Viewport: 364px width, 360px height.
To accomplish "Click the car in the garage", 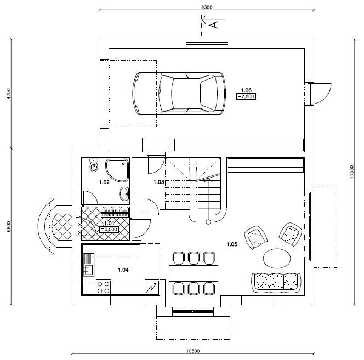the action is click(x=179, y=93).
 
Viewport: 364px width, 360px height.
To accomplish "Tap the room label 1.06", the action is click(x=246, y=90).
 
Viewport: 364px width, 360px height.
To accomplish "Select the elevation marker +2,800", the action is click(x=246, y=96).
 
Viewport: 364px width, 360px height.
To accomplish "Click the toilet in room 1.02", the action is click(x=94, y=165).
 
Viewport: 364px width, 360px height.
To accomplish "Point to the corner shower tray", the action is click(x=117, y=170).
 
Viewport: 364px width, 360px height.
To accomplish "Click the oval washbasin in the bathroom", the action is click(x=124, y=193).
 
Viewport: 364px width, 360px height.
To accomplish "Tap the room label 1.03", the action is click(x=159, y=182).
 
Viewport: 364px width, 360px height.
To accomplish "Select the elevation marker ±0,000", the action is click(x=109, y=230).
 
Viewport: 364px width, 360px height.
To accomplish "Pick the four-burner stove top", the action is click(x=103, y=287).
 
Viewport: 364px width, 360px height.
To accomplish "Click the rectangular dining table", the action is click(x=194, y=273).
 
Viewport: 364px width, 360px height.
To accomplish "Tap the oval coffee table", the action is click(x=277, y=258).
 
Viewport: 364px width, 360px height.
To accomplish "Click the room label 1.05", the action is click(x=232, y=244).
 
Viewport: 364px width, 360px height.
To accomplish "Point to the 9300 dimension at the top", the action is click(x=207, y=7).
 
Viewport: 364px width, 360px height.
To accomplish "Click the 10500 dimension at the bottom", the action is click(x=193, y=351).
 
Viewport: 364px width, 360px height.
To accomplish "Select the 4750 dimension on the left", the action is click(x=9, y=94).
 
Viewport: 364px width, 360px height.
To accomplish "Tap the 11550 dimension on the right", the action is click(x=352, y=172).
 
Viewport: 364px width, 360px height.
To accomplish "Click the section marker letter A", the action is click(x=214, y=25).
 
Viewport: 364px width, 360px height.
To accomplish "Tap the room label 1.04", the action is click(x=123, y=270).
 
